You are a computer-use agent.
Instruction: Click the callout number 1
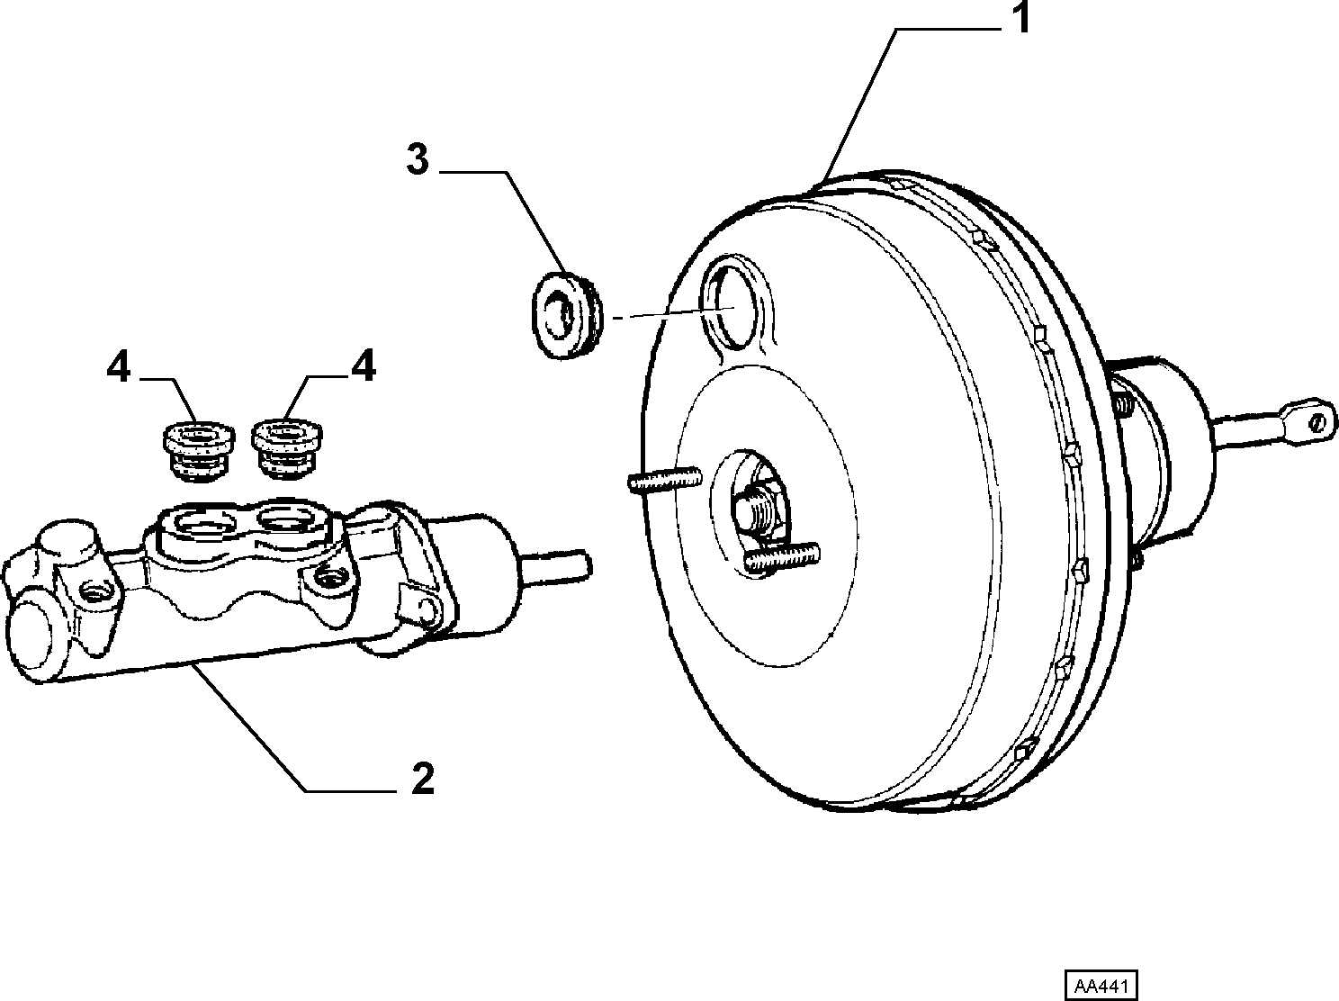1020,17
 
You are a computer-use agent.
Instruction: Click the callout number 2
423,778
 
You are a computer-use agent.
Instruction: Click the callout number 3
418,160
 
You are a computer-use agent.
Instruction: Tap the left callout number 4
119,367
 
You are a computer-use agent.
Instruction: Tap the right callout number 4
364,366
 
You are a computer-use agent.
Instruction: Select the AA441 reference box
1101,985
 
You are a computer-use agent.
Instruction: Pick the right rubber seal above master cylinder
287,448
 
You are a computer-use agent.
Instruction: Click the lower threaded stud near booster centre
782,556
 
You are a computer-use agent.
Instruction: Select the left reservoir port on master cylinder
203,521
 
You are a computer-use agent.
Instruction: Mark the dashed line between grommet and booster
674,313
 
